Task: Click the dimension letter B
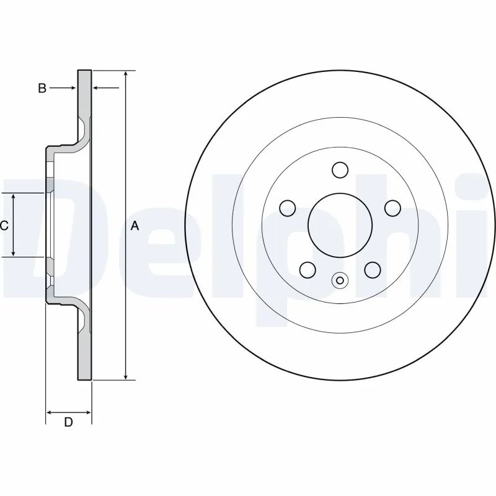42,89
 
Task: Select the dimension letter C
4,226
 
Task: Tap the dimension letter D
69,423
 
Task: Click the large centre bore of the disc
339,224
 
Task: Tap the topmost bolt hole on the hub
339,169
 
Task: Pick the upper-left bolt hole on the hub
287,207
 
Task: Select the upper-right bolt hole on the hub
392,207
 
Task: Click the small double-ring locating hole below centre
339,280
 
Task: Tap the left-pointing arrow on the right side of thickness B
97,89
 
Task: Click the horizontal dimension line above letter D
69,412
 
